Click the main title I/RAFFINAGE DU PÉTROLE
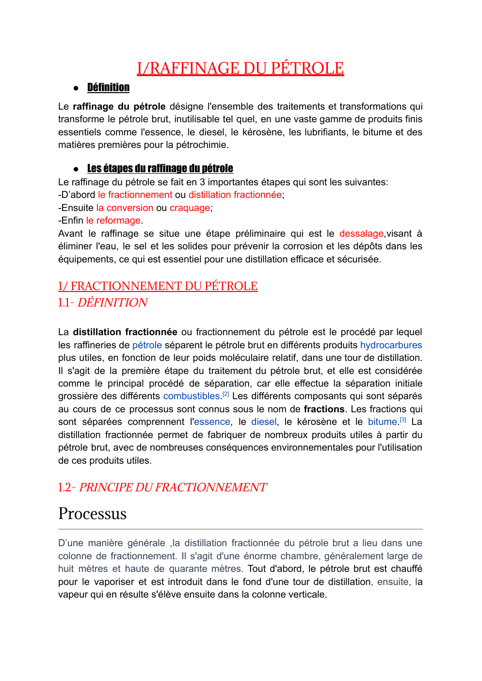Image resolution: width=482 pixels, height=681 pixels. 240,68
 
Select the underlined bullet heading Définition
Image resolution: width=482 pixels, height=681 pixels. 108,87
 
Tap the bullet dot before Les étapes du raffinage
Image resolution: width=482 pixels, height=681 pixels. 76,169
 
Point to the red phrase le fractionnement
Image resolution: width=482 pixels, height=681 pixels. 135,195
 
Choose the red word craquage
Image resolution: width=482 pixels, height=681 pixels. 190,208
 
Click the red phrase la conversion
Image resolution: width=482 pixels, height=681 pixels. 125,208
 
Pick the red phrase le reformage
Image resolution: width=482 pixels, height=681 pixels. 113,220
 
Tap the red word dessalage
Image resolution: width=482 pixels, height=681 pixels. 361,233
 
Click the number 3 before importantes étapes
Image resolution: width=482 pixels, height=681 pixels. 202,182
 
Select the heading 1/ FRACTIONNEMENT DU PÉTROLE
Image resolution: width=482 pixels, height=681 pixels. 158,286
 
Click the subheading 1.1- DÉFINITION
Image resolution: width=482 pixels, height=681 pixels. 103,303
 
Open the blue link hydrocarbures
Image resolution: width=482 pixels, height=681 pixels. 391,345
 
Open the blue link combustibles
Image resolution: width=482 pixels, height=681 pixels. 192,396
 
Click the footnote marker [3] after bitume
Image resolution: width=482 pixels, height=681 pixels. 403,420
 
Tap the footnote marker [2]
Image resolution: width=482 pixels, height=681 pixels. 225,394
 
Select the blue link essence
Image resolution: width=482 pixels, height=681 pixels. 212,422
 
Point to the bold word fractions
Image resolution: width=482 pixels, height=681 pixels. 324,409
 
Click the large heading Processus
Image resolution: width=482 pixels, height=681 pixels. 92,514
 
